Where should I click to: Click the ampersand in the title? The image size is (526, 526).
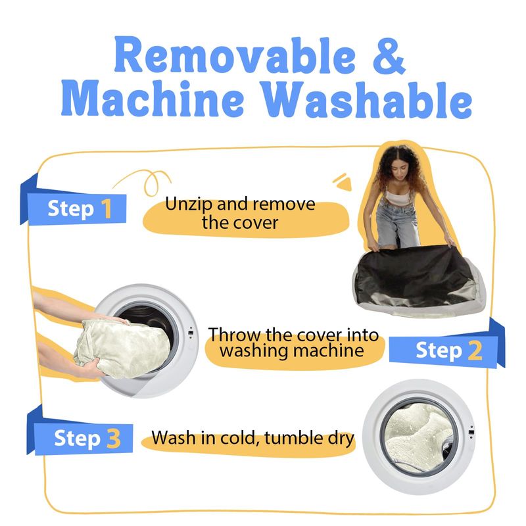point(389,56)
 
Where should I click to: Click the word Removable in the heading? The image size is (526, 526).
point(235,55)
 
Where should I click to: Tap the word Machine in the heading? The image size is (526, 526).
point(153,97)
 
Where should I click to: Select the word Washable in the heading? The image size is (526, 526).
point(367,99)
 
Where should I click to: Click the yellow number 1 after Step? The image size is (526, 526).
point(107,208)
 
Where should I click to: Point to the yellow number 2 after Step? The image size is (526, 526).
point(475,350)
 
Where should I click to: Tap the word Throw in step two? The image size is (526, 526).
point(235,335)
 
